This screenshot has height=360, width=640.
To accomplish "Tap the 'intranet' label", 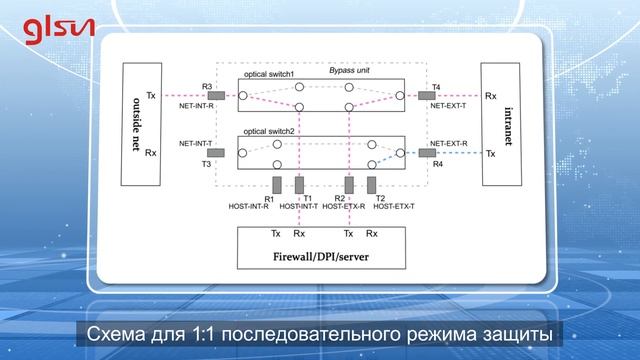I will (x=505, y=125).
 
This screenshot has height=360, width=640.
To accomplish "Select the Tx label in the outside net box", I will (x=150, y=96).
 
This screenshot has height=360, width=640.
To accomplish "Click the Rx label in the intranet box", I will (x=490, y=96).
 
